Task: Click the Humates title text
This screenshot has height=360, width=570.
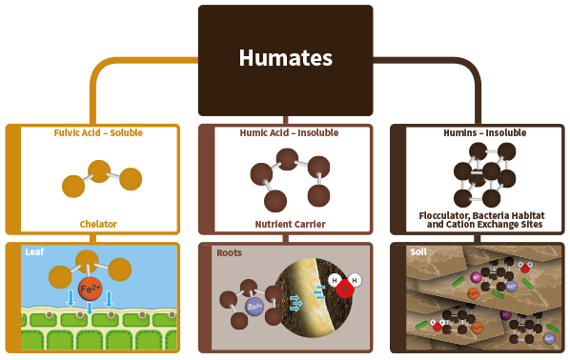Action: coord(285,58)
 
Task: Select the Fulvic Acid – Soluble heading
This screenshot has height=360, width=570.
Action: coord(98,133)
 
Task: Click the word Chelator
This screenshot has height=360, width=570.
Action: coord(98,224)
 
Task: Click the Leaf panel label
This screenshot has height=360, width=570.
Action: coord(34,252)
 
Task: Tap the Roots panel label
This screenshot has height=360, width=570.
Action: coord(229,252)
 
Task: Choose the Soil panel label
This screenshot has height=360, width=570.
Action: coord(417,252)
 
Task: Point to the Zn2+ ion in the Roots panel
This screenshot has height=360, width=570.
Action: coord(254,307)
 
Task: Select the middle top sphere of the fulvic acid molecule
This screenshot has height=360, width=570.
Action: coord(99,171)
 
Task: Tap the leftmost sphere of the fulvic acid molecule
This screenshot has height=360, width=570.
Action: coord(72,187)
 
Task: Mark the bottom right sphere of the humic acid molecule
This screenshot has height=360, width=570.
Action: coord(318,196)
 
